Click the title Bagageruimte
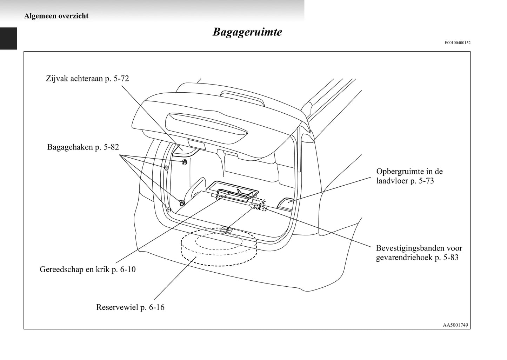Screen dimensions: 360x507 247,32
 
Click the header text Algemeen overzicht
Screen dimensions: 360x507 56,16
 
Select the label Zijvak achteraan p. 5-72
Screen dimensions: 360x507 87,78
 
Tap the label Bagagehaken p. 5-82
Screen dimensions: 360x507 83,147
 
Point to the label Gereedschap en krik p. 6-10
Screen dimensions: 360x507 87,269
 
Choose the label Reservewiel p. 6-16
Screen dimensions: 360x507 130,307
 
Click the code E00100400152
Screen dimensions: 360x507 458,43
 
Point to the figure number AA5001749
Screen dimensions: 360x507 455,325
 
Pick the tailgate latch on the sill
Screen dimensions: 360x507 227,230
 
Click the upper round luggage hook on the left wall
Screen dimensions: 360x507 185,162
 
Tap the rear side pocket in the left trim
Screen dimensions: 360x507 183,149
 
